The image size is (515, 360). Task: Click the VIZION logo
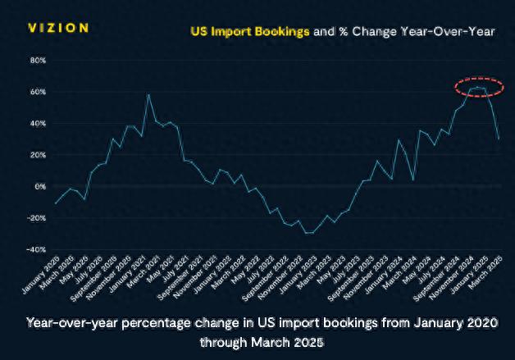pos(58,28)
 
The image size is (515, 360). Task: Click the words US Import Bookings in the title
pos(250,31)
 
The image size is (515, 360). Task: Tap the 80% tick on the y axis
pos(38,61)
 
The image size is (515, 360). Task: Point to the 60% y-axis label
pos(38,92)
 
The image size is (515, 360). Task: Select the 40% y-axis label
pos(38,124)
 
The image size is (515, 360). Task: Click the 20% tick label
pos(38,155)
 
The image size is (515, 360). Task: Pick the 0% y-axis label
pos(40,186)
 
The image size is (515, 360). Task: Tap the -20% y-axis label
pos(37,218)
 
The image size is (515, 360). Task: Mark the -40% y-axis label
pos(37,249)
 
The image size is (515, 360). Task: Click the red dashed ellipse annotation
pos(479,86)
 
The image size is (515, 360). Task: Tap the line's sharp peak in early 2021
pos(148,94)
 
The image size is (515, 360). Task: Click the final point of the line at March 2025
pos(499,139)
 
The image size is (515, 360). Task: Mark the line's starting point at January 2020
pos(56,203)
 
